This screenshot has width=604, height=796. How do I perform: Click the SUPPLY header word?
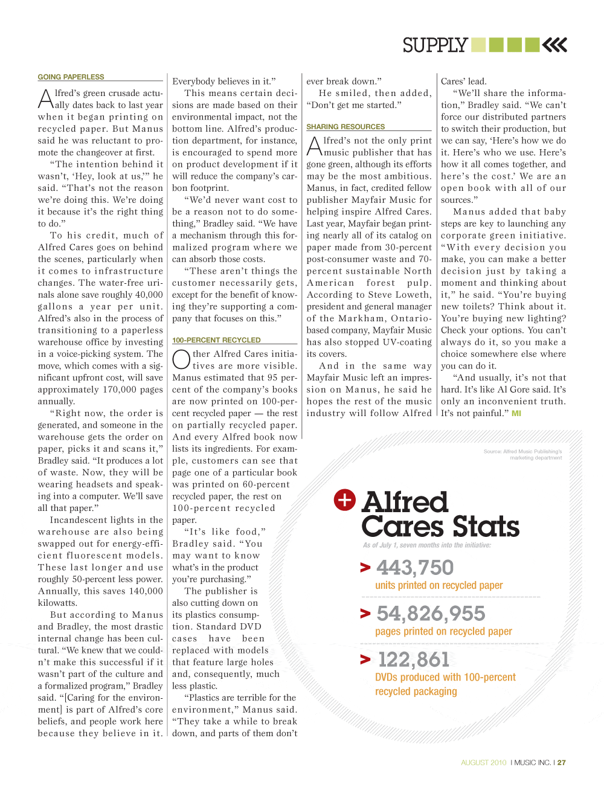point(435,45)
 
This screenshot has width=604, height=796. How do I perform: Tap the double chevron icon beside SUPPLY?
point(554,45)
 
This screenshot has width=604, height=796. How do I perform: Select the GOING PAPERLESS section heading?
point(71,77)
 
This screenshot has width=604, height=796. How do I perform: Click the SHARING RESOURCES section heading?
point(345,127)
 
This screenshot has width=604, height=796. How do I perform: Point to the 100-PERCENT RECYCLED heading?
point(216,340)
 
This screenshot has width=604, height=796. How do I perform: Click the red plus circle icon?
point(345,499)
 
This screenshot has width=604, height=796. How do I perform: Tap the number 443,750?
point(414,568)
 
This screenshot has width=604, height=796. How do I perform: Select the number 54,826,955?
point(431,614)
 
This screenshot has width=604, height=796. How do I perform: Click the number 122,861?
point(414,660)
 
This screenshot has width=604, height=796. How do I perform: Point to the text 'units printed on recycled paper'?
point(439,585)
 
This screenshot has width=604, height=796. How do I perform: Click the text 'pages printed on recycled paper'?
point(443,631)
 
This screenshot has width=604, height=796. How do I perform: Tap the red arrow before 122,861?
point(365,660)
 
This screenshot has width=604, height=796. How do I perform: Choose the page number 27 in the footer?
point(562,763)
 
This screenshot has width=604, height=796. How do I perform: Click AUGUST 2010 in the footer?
point(483,763)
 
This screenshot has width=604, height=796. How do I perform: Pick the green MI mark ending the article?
point(516,414)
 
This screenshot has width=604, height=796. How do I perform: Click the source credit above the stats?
point(522,454)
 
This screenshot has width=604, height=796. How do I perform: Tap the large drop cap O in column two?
point(181,359)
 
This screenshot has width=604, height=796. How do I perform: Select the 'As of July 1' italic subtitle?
point(427,545)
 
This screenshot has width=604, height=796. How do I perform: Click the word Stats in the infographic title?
point(486,527)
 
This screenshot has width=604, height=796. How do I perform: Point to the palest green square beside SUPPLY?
point(478,45)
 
